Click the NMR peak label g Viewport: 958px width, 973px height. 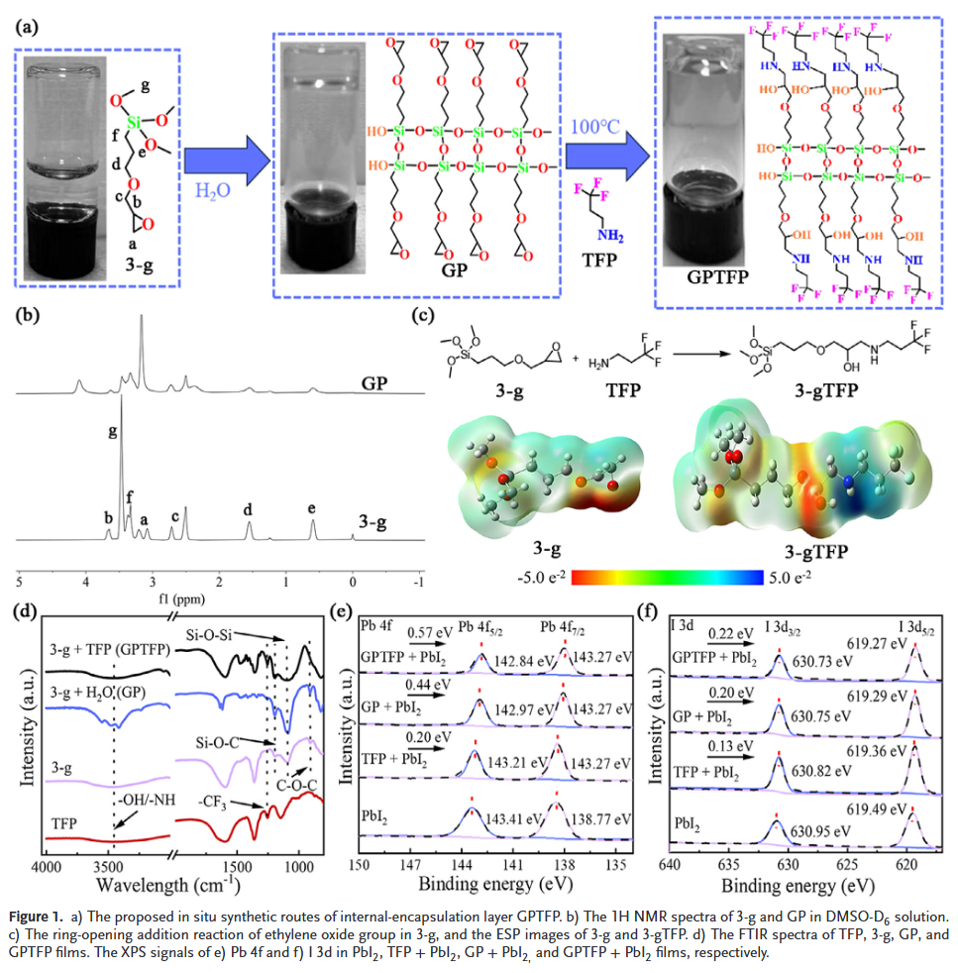click(113, 432)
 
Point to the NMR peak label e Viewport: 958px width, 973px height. click(312, 509)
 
